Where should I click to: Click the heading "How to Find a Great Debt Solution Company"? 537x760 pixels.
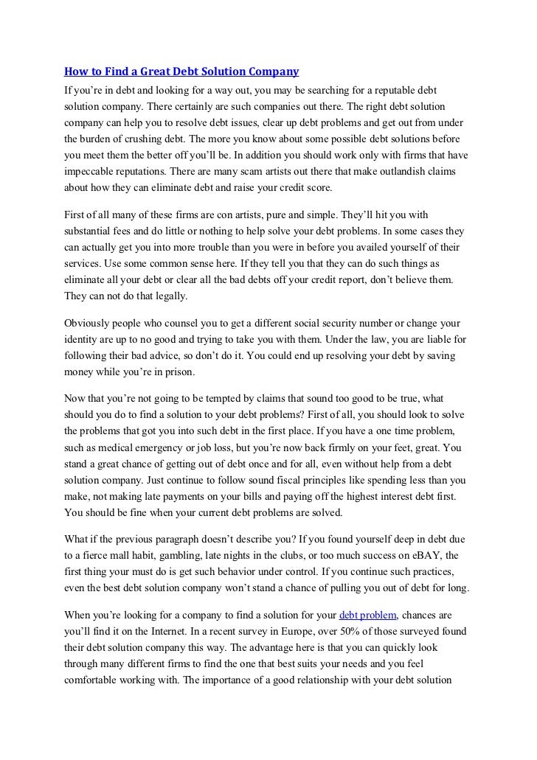[x=181, y=72]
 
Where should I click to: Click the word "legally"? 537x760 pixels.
[x=170, y=296]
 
